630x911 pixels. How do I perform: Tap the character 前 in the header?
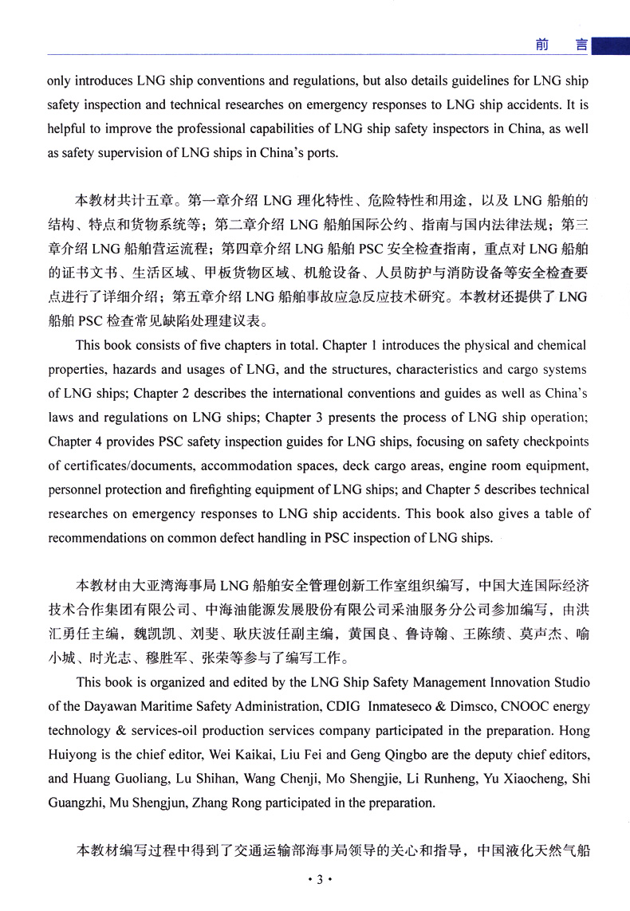click(x=541, y=45)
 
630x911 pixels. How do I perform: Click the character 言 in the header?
click(x=581, y=45)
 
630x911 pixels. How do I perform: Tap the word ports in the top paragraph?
click(x=319, y=154)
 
